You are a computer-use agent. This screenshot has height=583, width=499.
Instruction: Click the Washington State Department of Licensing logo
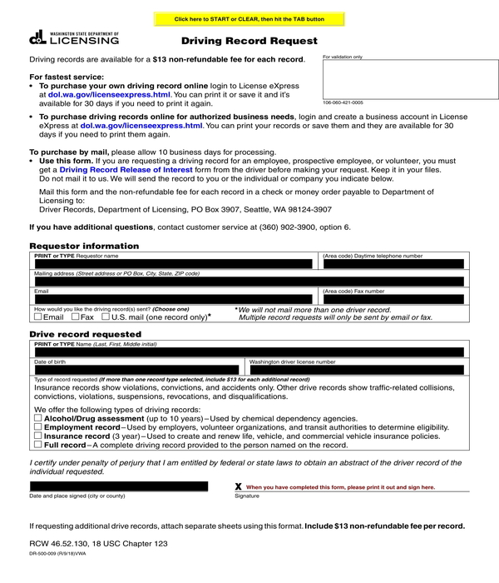pos(74,37)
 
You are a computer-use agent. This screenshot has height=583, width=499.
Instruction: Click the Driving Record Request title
pos(249,41)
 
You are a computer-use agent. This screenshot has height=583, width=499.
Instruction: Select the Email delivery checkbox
pos(37,317)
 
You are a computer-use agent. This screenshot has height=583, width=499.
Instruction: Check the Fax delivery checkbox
pos(77,317)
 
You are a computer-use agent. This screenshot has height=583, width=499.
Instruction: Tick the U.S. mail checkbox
pos(106,317)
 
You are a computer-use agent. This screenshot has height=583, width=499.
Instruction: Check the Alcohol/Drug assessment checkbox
pos(37,418)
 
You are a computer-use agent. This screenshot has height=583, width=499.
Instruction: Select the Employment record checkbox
pos(37,427)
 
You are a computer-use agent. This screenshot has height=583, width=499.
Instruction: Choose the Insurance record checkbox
pos(37,436)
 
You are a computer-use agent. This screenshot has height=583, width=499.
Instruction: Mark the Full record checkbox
pos(37,445)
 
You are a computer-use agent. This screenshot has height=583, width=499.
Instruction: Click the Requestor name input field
pos(174,264)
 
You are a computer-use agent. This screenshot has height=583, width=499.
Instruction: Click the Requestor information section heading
pos(84,246)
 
